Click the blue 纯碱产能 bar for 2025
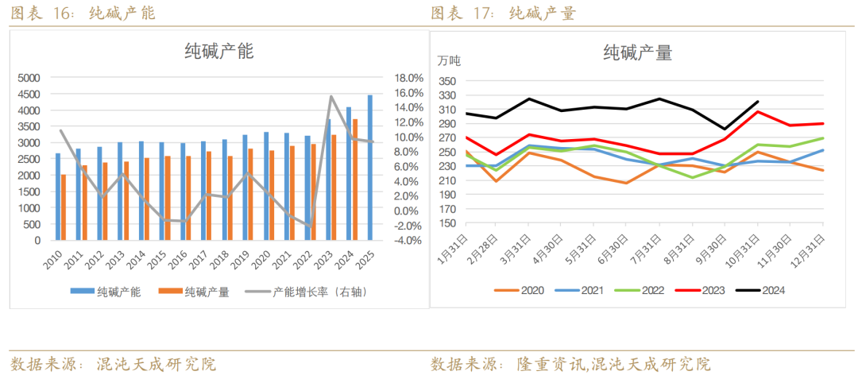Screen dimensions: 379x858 pos(369,168)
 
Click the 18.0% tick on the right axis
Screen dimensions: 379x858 pos(408,78)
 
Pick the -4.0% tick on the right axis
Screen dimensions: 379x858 pos(408,241)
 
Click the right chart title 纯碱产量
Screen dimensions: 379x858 pos(637,53)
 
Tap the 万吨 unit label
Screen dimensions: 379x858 pos(449,60)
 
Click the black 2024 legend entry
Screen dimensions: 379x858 pos(763,291)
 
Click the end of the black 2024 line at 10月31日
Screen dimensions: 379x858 pos(758,102)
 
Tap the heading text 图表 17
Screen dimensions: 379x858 pos(462,14)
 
